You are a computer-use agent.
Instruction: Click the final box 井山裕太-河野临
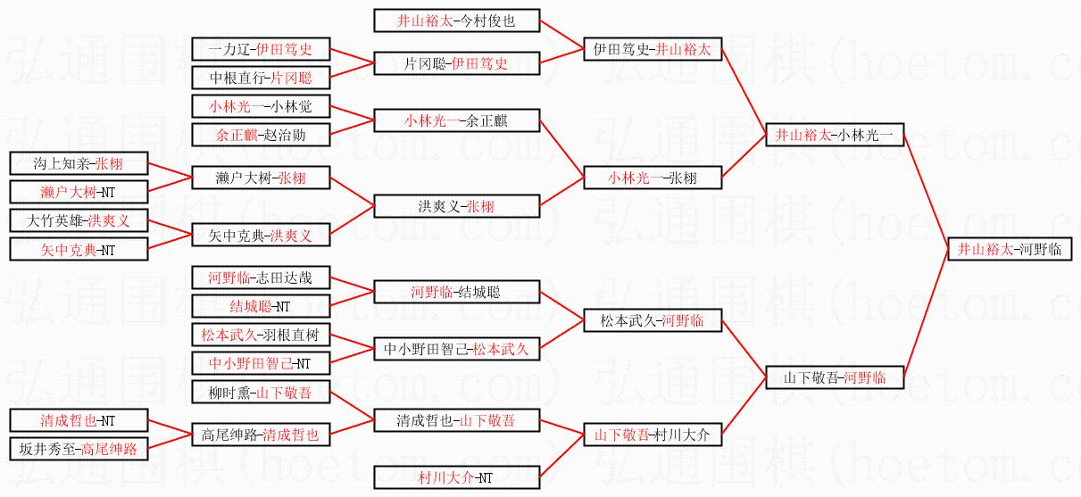(x=1010, y=249)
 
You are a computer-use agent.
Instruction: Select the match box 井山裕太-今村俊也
(x=456, y=20)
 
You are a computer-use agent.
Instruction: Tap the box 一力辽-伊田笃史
(x=261, y=49)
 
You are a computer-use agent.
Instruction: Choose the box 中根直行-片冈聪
(x=261, y=77)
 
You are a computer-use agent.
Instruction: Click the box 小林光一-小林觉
(x=261, y=106)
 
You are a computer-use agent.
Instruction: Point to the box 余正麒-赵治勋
(x=261, y=135)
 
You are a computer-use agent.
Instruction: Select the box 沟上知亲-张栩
(x=79, y=164)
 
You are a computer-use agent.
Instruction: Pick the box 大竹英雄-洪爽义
(x=79, y=220)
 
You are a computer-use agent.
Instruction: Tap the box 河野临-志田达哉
(x=261, y=277)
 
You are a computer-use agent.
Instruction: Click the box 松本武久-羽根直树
(x=261, y=335)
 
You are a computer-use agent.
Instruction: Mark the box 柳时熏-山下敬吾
(x=261, y=392)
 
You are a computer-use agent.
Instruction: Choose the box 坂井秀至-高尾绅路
(x=79, y=448)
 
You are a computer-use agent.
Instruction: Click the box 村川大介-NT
(x=456, y=477)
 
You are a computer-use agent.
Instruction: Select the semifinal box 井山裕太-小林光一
(x=835, y=136)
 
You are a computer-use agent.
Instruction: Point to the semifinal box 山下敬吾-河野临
(x=835, y=377)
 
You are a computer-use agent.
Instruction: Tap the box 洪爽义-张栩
(x=456, y=206)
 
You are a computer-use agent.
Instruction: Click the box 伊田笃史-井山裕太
(x=652, y=49)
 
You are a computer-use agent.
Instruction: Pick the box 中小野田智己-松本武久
(x=456, y=349)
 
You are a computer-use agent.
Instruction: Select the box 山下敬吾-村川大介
(x=652, y=435)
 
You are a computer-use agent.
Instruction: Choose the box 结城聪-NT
(x=261, y=306)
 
